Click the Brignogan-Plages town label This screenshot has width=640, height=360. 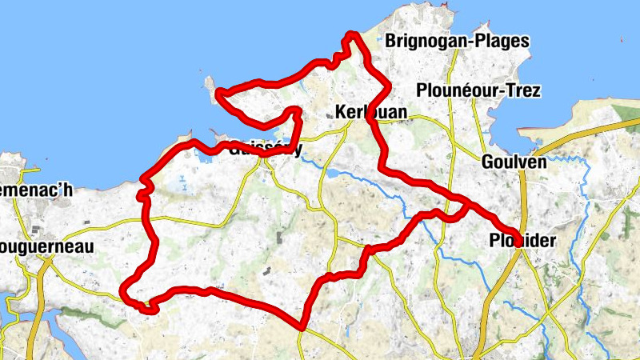click(457, 42)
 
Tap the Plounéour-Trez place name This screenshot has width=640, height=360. click(478, 90)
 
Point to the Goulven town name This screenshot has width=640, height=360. click(514, 162)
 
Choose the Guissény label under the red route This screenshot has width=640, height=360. click(265, 149)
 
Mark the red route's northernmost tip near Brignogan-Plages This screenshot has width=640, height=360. click(350, 34)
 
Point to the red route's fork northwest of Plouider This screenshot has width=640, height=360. click(466, 200)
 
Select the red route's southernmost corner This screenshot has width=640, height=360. click(302, 326)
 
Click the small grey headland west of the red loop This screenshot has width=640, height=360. click(210, 85)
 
